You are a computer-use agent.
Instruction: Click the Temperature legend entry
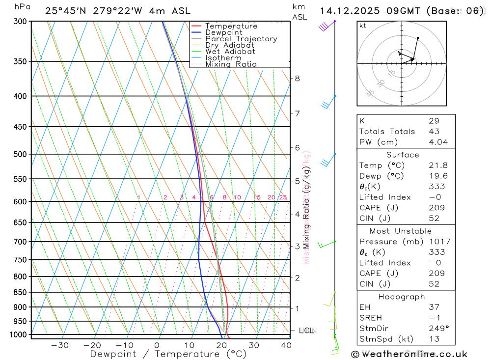pyautogui.click(x=231, y=26)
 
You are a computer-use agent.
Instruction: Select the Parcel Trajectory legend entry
pyautogui.click(x=241, y=39)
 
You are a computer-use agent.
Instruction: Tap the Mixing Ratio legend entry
pyautogui.click(x=231, y=64)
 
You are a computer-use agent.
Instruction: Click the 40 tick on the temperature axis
pyautogui.click(x=286, y=345)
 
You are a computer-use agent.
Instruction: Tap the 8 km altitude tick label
pyautogui.click(x=297, y=78)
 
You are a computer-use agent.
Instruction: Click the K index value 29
pyautogui.click(x=434, y=121)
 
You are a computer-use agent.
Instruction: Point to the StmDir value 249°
pyautogui.click(x=436, y=328)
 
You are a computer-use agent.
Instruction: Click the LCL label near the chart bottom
pyautogui.click(x=306, y=331)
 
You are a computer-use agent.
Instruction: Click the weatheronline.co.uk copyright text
pyautogui.click(x=409, y=354)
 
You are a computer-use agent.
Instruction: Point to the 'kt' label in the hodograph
pyautogui.click(x=363, y=26)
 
